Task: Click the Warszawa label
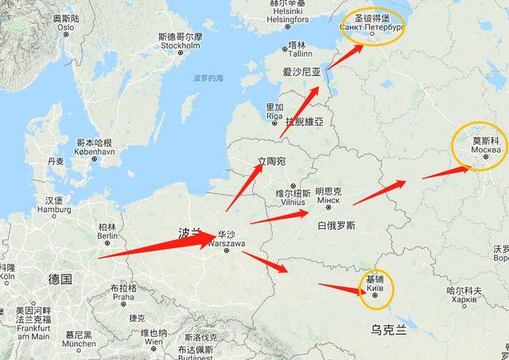[x=225, y=243]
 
